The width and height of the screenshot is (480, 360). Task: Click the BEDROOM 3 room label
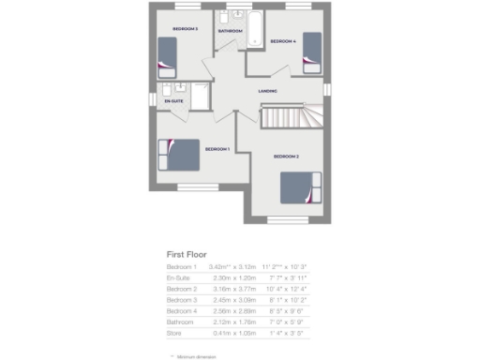pos(185,30)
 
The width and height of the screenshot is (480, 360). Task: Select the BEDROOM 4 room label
pos(283,42)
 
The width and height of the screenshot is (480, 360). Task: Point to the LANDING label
pos(267,91)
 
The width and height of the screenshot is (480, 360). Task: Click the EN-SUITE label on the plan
pos(173,99)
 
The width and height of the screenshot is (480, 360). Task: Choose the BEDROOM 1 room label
pos(217,149)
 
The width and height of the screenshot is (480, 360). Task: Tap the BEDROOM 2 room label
pos(286,157)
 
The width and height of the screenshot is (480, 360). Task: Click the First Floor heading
pos(187,254)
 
